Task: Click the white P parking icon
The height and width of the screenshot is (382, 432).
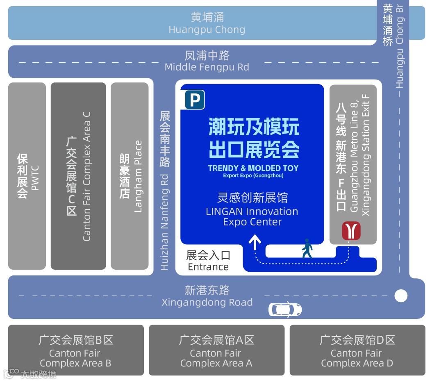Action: (x=195, y=100)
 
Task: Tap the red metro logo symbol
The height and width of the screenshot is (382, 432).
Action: (x=351, y=231)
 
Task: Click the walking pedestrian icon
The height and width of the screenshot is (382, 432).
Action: (x=307, y=248)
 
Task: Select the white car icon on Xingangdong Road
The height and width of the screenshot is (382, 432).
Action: (x=285, y=309)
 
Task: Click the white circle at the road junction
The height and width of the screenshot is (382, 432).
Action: (x=401, y=296)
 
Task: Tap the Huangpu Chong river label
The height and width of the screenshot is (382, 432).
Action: (x=207, y=30)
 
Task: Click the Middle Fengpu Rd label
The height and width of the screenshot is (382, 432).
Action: (x=207, y=67)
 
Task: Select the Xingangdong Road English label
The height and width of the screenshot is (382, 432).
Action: (x=207, y=302)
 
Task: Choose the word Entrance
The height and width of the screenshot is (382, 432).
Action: (x=208, y=267)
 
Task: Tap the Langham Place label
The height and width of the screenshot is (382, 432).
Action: (x=138, y=176)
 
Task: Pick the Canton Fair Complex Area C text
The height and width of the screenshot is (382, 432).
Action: (x=86, y=176)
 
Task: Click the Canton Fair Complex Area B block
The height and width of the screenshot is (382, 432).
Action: (x=76, y=350)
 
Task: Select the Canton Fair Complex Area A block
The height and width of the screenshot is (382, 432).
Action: (x=216, y=350)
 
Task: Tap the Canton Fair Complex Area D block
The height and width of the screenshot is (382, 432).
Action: (x=357, y=350)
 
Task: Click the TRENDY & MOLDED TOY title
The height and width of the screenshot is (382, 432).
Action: (x=253, y=168)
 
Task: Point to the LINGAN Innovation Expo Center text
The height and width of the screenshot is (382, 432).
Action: (x=252, y=217)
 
